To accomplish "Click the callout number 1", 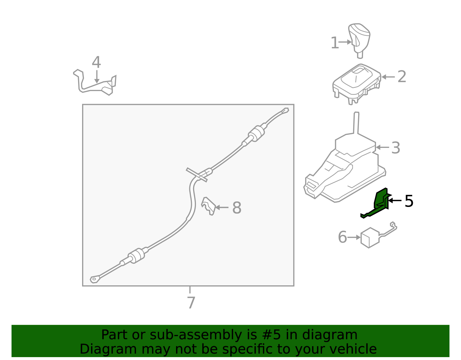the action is coord(335,43).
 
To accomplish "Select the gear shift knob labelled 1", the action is coord(359,40).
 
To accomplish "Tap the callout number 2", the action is coord(402,77).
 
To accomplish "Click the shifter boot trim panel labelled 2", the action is coord(357,84).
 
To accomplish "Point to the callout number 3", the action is coord(396,148).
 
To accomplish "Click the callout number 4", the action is coord(96,62).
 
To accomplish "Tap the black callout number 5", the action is coord(409,201).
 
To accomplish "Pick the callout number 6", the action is coord(342,237).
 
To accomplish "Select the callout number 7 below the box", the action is coord(191,303).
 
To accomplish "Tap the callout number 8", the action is coord(237,208).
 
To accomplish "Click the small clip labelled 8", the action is coord(208,206).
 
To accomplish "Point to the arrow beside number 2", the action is coord(388,77).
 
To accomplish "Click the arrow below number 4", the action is coord(97,77).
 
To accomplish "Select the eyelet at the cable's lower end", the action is coord(95,279).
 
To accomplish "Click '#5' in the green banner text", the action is coord(271,335).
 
